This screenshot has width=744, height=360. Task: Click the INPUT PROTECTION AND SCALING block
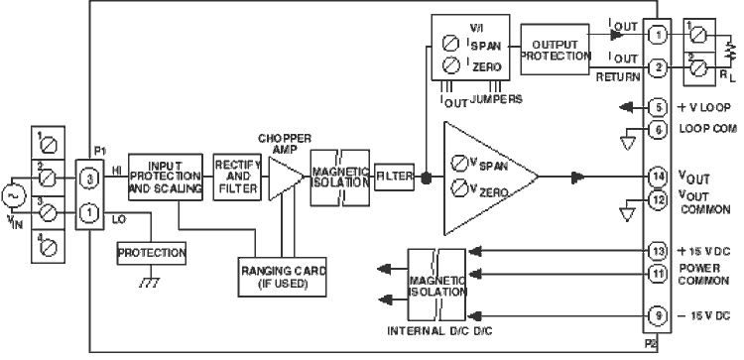pyautogui.click(x=165, y=176)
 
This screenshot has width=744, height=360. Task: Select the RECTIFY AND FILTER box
pyautogui.click(x=236, y=177)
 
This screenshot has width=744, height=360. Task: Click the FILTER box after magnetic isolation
pyautogui.click(x=394, y=176)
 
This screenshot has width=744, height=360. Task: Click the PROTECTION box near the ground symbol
pyautogui.click(x=152, y=253)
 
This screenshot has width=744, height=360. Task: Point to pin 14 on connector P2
pyautogui.click(x=657, y=176)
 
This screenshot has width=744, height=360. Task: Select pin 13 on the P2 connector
pyautogui.click(x=657, y=251)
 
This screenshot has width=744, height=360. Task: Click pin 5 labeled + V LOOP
pyautogui.click(x=657, y=106)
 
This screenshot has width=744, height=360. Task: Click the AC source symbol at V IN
pyautogui.click(x=15, y=197)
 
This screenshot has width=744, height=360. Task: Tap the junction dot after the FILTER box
pyautogui.click(x=426, y=177)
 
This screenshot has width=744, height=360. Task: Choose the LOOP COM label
pyautogui.click(x=704, y=129)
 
